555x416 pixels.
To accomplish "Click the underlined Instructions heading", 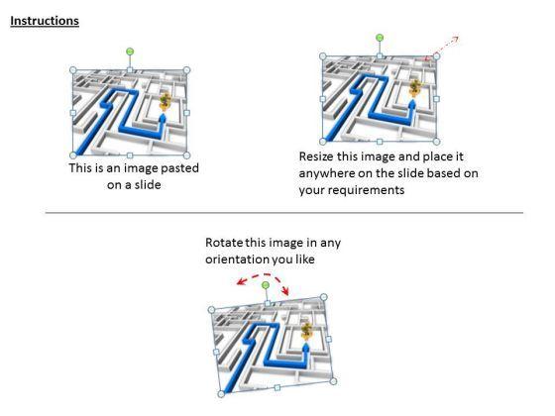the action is click(x=45, y=21).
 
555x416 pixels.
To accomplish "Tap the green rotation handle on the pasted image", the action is click(x=130, y=52).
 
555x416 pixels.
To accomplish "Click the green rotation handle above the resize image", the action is click(x=380, y=38).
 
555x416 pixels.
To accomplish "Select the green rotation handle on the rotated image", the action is click(x=266, y=285).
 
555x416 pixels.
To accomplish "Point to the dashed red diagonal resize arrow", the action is click(x=442, y=48).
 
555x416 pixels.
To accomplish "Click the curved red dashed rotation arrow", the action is click(x=264, y=276).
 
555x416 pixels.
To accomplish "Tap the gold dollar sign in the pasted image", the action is click(x=165, y=101).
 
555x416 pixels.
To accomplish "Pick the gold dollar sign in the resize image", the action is click(x=415, y=87).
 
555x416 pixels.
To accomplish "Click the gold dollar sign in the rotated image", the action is click(x=306, y=331).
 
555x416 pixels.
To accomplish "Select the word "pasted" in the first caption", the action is click(x=179, y=168).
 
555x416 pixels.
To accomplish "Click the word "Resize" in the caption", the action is click(x=316, y=156).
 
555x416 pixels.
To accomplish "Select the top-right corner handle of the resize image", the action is click(x=436, y=56).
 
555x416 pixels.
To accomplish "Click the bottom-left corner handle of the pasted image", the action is click(x=73, y=156).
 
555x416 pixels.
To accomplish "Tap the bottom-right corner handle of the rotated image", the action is click(x=333, y=381).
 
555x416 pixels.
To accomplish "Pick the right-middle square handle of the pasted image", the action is click(x=187, y=113).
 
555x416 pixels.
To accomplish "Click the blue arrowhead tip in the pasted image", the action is click(x=163, y=114).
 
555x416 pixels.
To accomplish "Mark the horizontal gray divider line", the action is click(x=284, y=213).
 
